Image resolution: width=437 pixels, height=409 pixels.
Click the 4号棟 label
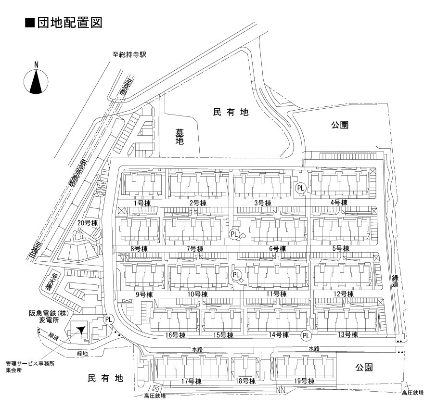[339, 203]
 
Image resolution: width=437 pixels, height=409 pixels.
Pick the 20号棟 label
[88, 223]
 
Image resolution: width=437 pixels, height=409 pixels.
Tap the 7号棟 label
[194, 249]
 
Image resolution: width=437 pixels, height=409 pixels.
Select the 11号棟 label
[276, 294]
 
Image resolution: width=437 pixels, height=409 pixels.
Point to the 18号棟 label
[245, 381]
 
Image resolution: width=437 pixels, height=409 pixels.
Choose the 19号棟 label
[304, 381]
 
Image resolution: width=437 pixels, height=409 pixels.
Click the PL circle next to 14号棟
[306, 335]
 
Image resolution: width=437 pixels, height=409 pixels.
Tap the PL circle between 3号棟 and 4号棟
[301, 188]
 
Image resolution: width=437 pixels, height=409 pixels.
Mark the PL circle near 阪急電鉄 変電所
[109, 319]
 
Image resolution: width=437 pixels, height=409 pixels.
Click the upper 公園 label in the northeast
[339, 125]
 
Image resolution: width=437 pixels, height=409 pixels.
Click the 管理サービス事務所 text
[30, 364]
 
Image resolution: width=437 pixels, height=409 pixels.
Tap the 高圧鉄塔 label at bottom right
[413, 393]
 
